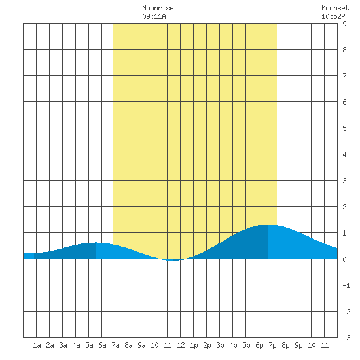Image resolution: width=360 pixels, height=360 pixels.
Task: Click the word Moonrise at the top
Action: [158, 8]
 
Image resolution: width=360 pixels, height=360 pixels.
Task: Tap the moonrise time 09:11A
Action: [154, 16]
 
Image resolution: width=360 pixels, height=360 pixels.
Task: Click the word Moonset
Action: [335, 8]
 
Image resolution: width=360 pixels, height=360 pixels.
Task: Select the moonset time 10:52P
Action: [333, 16]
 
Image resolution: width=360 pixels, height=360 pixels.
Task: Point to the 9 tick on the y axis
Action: [344, 24]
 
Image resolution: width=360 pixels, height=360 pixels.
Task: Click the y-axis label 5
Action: [344, 128]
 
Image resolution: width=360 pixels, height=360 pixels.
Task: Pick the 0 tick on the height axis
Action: [344, 259]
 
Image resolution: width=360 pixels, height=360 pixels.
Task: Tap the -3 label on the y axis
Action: [346, 338]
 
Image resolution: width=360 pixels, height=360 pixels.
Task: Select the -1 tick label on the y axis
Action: [346, 285]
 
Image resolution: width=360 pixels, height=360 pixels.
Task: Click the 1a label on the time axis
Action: [37, 345]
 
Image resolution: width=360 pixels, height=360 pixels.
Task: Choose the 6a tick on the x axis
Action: [102, 345]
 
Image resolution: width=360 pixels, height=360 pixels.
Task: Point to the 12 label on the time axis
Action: [181, 345]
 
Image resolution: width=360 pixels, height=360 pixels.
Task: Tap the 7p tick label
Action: [272, 345]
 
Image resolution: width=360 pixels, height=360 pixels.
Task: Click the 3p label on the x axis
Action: [220, 345]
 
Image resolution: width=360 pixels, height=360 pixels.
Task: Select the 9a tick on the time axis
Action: [141, 345]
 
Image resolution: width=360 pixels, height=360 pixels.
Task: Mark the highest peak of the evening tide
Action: [268, 225]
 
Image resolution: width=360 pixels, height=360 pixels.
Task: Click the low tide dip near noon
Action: [173, 260]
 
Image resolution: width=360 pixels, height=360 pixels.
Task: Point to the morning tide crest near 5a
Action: [96, 243]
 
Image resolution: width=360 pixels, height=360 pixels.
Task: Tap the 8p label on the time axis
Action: [285, 345]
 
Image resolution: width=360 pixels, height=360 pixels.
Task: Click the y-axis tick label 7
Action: [344, 76]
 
